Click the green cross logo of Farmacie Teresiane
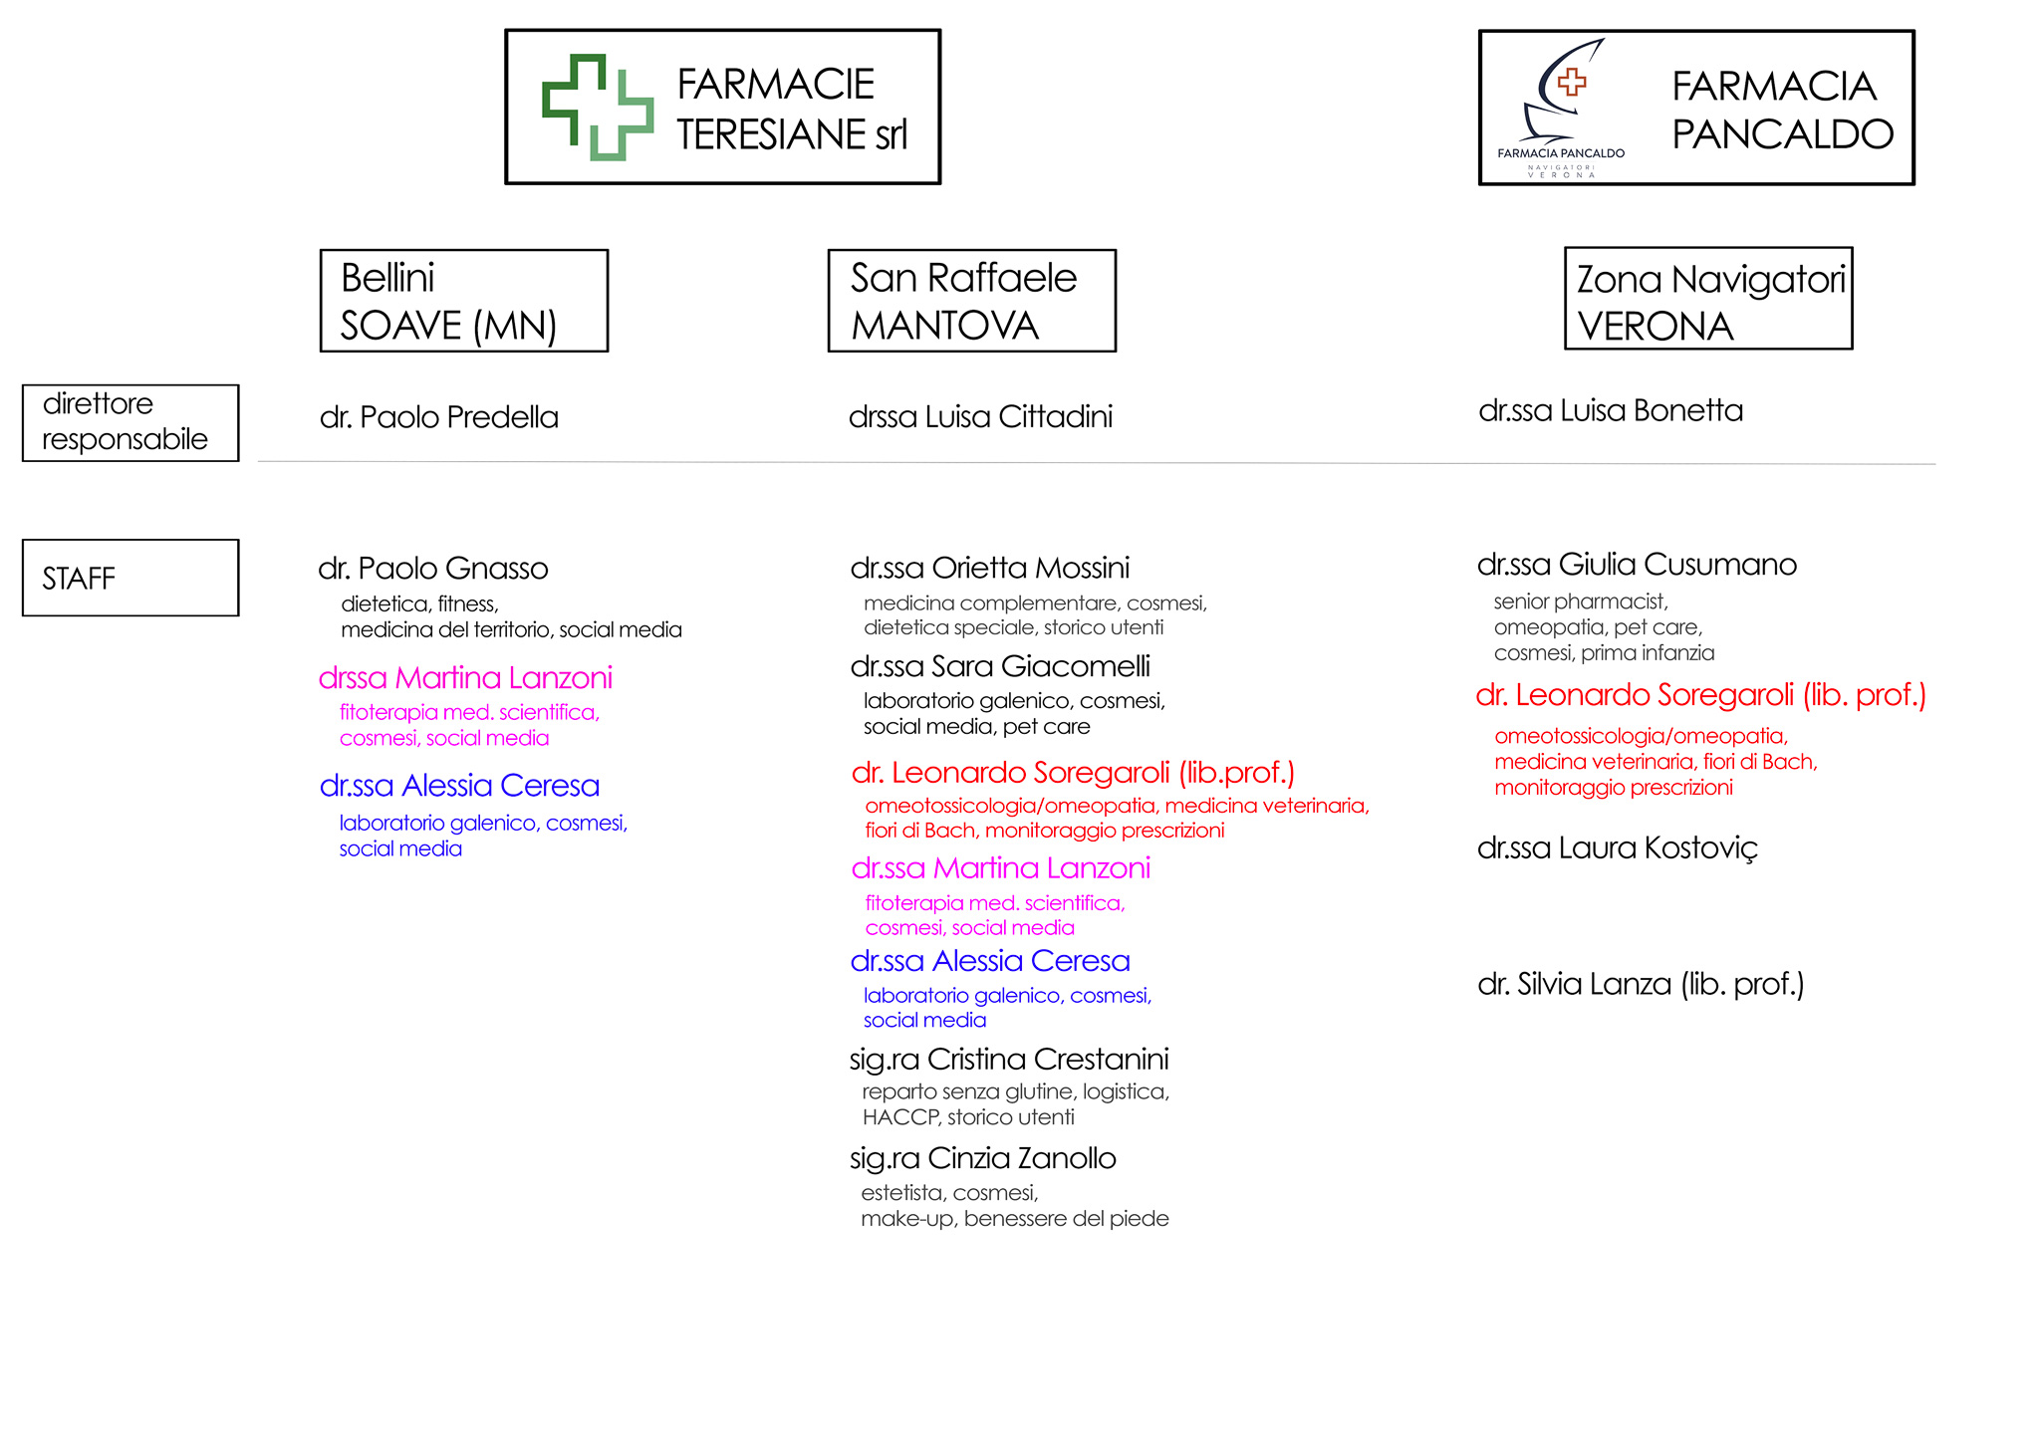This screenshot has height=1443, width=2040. point(598,108)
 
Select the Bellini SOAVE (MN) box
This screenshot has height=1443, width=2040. point(464,301)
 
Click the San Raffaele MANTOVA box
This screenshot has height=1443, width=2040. point(972,301)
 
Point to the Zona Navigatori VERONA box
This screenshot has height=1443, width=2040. point(1709,298)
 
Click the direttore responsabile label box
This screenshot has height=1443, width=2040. point(130,423)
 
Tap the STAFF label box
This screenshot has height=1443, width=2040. point(130,578)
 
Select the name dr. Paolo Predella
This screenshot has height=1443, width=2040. point(439,417)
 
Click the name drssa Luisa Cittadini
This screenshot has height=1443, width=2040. point(981,416)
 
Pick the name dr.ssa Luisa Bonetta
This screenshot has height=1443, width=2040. point(1611,410)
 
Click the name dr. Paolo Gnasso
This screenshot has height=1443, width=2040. point(433,569)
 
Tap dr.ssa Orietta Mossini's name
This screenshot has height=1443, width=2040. point(990,568)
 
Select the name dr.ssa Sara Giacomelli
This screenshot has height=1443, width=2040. point(1000,666)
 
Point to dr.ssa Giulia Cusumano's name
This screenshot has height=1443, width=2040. point(1637,565)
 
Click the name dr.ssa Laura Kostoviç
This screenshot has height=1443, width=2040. point(1618,848)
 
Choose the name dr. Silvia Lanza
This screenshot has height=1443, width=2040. point(1641,985)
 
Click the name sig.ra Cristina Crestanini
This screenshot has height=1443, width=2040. point(1009,1060)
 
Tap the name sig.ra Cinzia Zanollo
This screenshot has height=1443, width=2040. point(983,1158)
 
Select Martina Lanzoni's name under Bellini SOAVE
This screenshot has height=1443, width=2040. point(465,678)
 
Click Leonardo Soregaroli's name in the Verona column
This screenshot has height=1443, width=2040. point(1701,695)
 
